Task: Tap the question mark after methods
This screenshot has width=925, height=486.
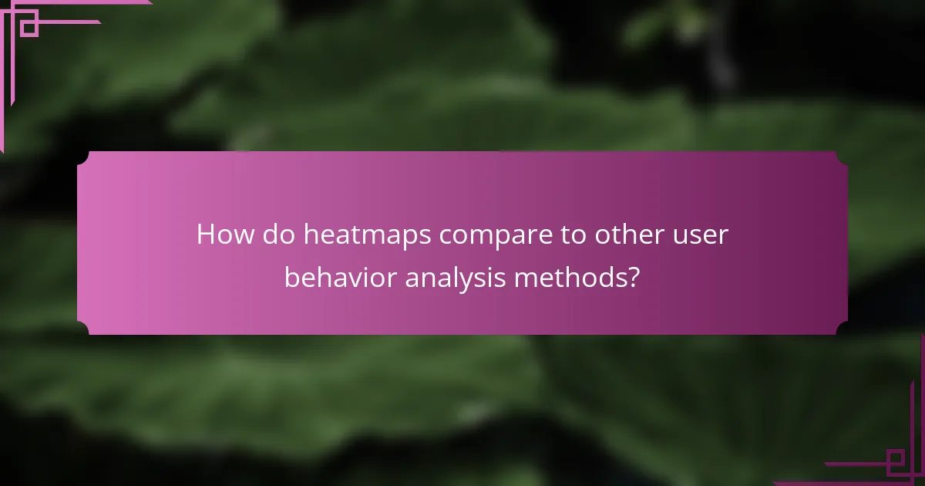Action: coord(633,277)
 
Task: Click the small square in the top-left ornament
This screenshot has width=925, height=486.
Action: coord(29,28)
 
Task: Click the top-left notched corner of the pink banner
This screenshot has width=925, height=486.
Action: coord(82,157)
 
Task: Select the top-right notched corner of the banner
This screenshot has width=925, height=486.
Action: coord(842,157)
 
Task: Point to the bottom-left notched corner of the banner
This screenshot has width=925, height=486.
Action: coord(82,329)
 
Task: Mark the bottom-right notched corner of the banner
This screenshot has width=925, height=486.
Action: coord(842,329)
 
